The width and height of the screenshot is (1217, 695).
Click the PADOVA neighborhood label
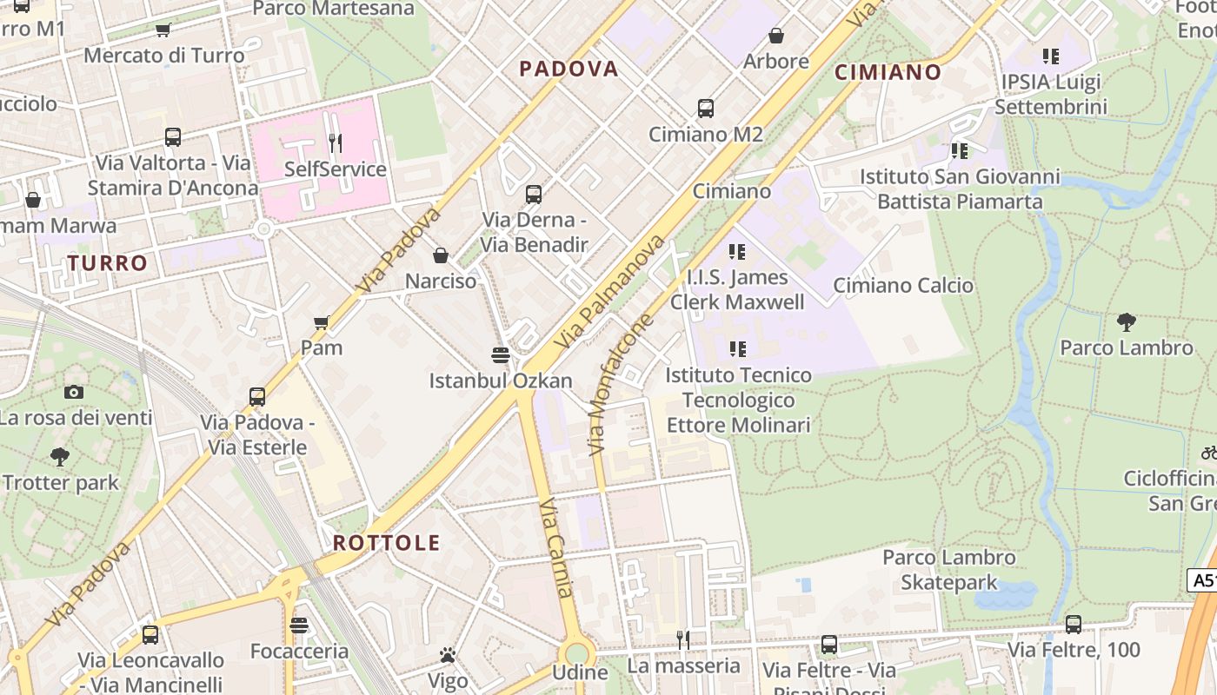click(569, 69)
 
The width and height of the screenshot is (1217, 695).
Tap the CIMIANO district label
click(888, 72)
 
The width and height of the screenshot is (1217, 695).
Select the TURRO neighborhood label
click(108, 263)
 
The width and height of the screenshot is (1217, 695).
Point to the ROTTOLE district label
click(387, 543)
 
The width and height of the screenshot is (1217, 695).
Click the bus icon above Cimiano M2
click(706, 109)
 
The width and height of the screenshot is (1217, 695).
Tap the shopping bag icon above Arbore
click(776, 36)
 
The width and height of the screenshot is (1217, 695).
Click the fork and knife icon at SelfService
click(335, 142)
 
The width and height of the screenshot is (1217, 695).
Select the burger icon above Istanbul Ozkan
click(500, 354)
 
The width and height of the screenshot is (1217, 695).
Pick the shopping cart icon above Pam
click(321, 322)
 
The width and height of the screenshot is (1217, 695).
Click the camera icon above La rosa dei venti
click(74, 392)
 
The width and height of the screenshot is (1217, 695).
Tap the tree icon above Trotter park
click(60, 456)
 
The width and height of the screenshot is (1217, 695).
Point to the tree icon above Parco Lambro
click(1127, 322)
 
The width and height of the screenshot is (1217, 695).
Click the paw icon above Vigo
click(448, 655)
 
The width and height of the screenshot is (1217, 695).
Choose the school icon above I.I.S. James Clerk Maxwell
click(737, 252)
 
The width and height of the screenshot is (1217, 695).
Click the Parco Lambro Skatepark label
click(949, 570)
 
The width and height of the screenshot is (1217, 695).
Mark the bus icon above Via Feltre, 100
click(1074, 624)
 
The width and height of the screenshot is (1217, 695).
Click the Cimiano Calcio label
click(903, 286)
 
